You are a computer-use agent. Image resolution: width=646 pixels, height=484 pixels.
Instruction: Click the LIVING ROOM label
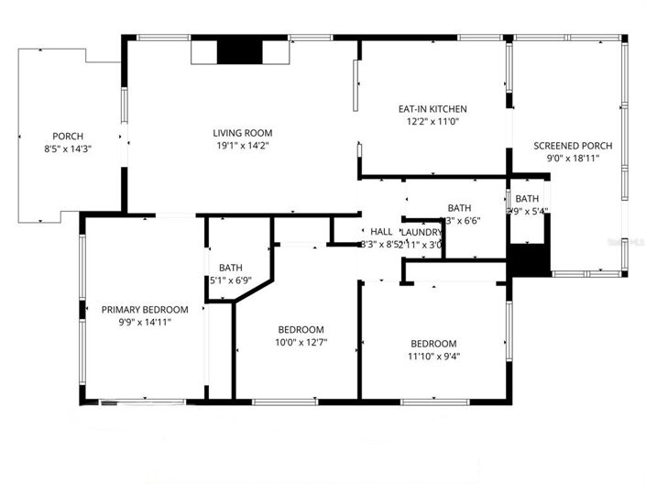(x=243, y=132)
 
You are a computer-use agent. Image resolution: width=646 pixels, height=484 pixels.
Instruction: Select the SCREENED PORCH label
(x=573, y=145)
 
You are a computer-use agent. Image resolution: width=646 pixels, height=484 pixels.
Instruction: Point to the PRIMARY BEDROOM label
(x=145, y=310)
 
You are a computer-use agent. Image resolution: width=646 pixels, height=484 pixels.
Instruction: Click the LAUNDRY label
(x=422, y=232)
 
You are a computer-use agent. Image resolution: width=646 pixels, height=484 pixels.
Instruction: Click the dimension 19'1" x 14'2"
(x=243, y=145)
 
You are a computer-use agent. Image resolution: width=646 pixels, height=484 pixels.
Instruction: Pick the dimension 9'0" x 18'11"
(x=573, y=158)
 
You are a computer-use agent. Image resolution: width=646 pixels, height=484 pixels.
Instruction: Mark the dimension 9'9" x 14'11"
(x=145, y=323)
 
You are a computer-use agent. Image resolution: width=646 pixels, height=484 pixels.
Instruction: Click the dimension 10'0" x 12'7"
(x=301, y=343)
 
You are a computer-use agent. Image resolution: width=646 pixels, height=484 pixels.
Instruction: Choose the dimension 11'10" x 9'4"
(x=433, y=357)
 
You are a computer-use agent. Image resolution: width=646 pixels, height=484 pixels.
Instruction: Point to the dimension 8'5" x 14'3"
(x=68, y=148)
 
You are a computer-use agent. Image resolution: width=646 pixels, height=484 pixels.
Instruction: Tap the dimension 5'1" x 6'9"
(x=230, y=280)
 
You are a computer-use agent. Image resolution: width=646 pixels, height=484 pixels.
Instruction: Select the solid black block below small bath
(x=528, y=259)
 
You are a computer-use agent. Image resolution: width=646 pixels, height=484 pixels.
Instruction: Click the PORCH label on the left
(x=68, y=135)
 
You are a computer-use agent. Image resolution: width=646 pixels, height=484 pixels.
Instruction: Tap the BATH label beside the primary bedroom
(x=230, y=268)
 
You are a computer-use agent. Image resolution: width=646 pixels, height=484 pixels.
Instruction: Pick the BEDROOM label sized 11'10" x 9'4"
(x=433, y=344)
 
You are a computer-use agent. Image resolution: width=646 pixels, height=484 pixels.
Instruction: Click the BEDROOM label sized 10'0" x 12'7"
(x=301, y=330)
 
